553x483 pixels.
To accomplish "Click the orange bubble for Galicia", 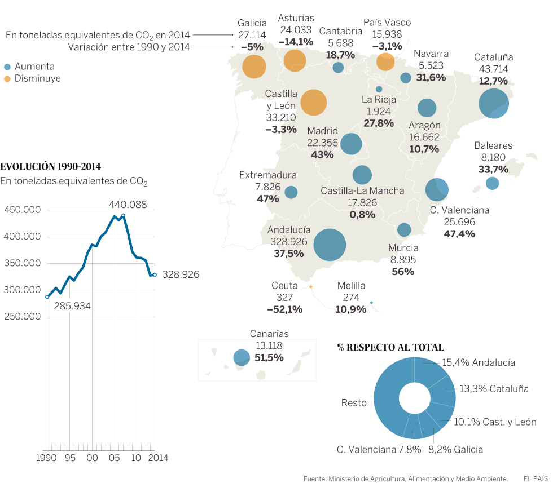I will pos(254,67).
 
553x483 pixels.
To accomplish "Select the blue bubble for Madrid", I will pos(351,144).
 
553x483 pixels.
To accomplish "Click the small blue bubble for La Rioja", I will pos(379,89).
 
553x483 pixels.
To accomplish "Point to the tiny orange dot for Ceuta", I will pos(311,287).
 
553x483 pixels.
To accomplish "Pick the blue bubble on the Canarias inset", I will pos(242,357).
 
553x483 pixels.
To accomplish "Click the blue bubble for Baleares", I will pos(492,183).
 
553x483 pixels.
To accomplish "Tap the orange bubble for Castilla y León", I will pos(314,103).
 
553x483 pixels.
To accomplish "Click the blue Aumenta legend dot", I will pos(7,66).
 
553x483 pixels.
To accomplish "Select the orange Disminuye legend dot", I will pos(7,79).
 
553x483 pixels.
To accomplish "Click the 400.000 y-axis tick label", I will pos(22,236).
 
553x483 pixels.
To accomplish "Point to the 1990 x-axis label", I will pos(46,458).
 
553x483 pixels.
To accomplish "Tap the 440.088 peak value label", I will pos(128,205).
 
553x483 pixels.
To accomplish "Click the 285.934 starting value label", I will pos(72,306).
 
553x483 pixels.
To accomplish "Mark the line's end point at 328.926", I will pos(155,274).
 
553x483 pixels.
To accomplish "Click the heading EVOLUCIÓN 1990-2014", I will pos(51,167).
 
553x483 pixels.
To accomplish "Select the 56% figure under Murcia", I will pos(403,272).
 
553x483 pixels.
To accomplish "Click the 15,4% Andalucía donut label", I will pos(479,362).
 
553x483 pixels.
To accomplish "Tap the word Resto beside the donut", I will pos(354,402).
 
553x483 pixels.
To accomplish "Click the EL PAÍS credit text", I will pos(534,478).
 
